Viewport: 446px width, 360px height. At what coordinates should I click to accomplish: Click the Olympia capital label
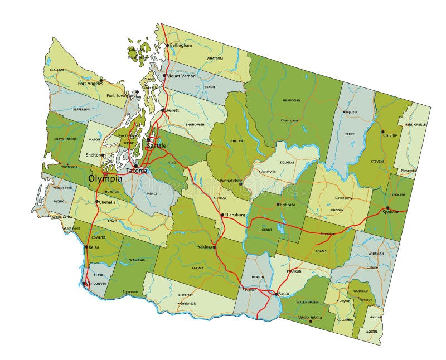coord(105,179)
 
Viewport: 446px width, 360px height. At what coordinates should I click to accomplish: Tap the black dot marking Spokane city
coord(388,208)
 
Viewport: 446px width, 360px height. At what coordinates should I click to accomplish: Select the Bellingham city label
coord(181,45)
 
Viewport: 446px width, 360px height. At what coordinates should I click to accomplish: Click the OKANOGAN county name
coord(292,101)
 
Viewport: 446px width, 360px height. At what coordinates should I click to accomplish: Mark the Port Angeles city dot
coord(101,80)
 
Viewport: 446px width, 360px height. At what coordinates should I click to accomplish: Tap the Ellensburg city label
coord(235,215)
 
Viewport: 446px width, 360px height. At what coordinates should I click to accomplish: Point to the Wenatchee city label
coord(231,181)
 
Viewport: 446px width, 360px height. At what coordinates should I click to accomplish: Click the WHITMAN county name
coord(376,254)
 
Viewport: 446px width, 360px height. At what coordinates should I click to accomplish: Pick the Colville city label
coord(390,135)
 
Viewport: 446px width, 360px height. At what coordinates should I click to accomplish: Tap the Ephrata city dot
coord(278,204)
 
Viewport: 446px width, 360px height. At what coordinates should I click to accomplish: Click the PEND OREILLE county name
coord(416,125)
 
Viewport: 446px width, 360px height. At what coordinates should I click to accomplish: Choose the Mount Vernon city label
coord(181,76)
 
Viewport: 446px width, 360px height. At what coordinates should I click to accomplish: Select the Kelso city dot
coord(86,247)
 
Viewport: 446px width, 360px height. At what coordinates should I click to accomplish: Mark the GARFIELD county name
coord(361,291)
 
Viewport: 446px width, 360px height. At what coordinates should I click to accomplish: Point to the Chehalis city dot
coord(97,202)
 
